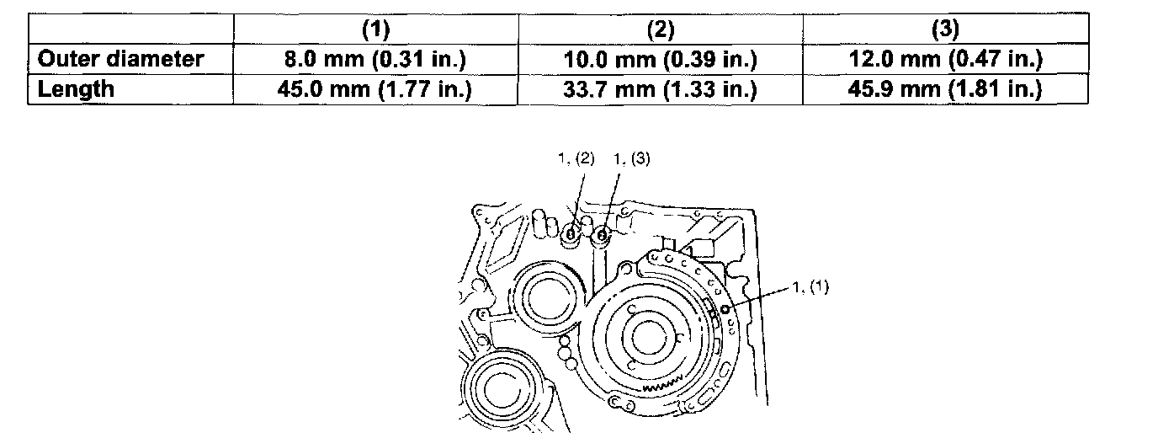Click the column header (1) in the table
pos(376,29)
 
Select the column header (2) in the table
pos(661,29)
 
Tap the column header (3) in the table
pos(946,29)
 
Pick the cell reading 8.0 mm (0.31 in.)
pos(376,59)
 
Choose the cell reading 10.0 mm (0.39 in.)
pos(661,59)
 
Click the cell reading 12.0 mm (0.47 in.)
pos(946,59)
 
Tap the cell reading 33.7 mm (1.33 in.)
pos(661,89)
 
